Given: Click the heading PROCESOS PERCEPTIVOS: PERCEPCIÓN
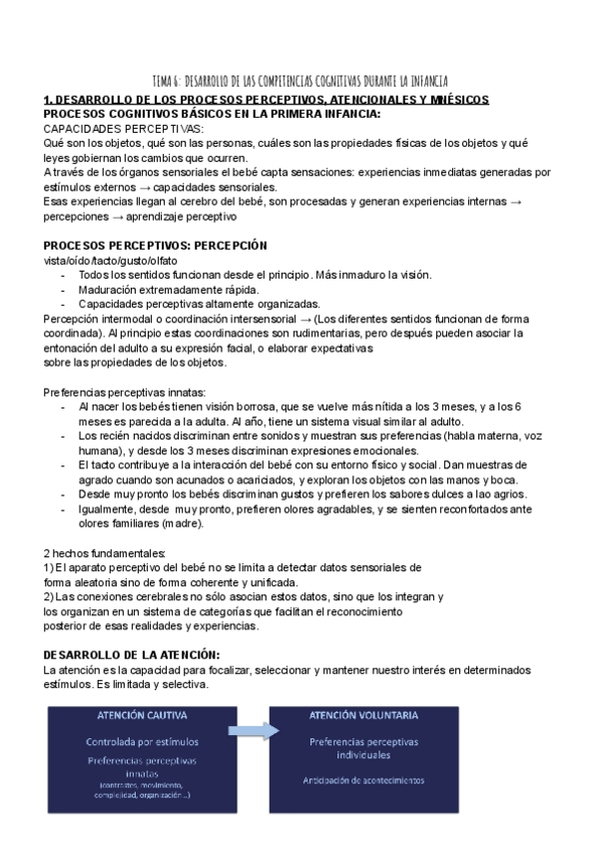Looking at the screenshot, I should point(142,246).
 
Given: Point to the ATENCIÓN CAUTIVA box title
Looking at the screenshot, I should point(141,716).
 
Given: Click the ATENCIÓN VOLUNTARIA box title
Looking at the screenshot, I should point(363,716).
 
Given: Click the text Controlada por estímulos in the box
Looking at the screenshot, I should point(142,742).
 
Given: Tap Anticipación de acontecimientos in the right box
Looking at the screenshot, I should point(364,779).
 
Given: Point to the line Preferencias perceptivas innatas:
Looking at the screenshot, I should point(125,392).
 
